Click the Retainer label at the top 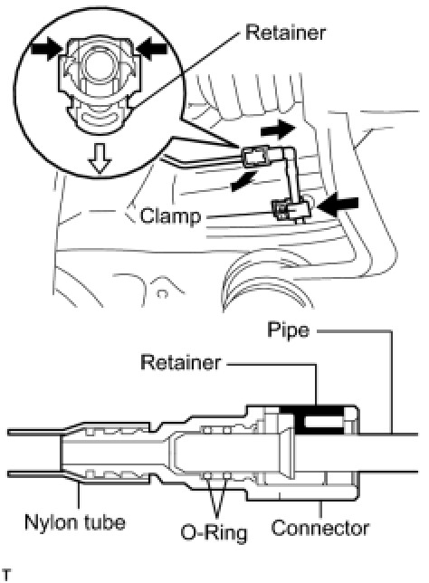pyautogui.click(x=285, y=33)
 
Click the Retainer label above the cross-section pyautogui.click(x=181, y=362)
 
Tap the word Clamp pyautogui.click(x=170, y=216)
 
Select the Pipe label pyautogui.click(x=288, y=330)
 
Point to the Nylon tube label pyautogui.click(x=75, y=522)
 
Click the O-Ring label pyautogui.click(x=214, y=532)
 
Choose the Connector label pyautogui.click(x=319, y=528)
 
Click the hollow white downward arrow pyautogui.click(x=100, y=158)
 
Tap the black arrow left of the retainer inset pyautogui.click(x=46, y=50)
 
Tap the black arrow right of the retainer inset pyautogui.click(x=152, y=48)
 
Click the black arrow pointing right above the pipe pyautogui.click(x=278, y=130)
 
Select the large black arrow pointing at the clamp pyautogui.click(x=338, y=205)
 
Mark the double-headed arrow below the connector pyautogui.click(x=243, y=181)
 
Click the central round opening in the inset pyautogui.click(x=99, y=64)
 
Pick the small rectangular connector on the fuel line pyautogui.click(x=255, y=158)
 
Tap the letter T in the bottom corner pyautogui.click(x=5, y=575)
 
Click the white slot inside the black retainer pyautogui.click(x=323, y=422)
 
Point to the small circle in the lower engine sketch pyautogui.click(x=162, y=295)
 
